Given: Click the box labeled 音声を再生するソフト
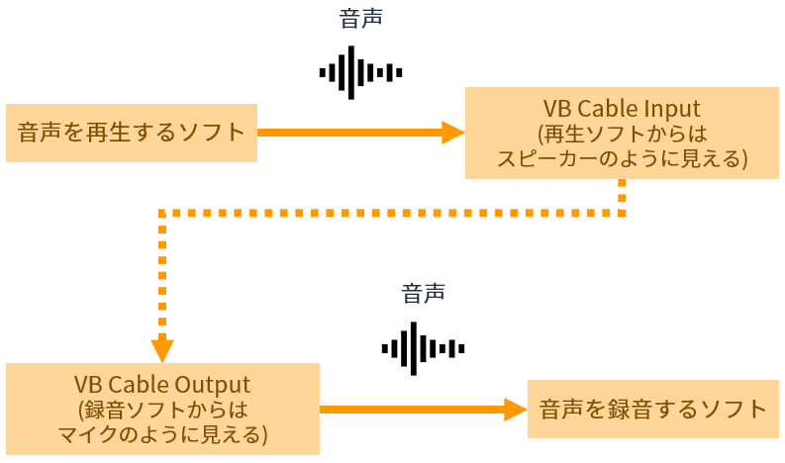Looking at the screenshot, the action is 132,133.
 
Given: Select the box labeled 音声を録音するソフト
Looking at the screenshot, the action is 652,409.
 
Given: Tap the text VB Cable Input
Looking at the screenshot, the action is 622,109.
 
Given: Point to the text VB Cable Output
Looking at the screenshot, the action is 162,385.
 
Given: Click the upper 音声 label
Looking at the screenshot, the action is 361,19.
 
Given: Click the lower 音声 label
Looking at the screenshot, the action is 423,293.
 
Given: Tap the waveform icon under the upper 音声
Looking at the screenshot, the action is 360,72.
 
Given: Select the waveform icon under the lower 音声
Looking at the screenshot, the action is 423,348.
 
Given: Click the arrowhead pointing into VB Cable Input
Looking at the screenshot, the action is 453,133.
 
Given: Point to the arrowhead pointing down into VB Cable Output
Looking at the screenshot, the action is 162,351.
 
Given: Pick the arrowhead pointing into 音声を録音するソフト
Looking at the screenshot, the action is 516,410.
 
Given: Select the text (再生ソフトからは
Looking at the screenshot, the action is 623,134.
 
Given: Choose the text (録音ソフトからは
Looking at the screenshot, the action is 162,410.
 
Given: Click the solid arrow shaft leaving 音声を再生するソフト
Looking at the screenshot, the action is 349,133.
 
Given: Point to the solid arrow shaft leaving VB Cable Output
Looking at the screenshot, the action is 412,410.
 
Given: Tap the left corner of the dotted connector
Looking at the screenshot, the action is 162,214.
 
